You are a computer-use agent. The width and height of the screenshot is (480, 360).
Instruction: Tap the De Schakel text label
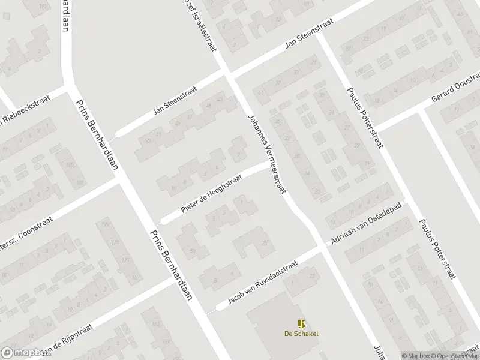[301, 334]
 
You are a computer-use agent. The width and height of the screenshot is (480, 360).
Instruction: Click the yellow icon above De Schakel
[301, 323]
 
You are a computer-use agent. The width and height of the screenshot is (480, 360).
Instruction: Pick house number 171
[125, 259]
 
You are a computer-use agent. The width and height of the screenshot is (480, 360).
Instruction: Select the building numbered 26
[263, 242]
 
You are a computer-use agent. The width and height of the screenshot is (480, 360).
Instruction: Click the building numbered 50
[193, 250]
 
